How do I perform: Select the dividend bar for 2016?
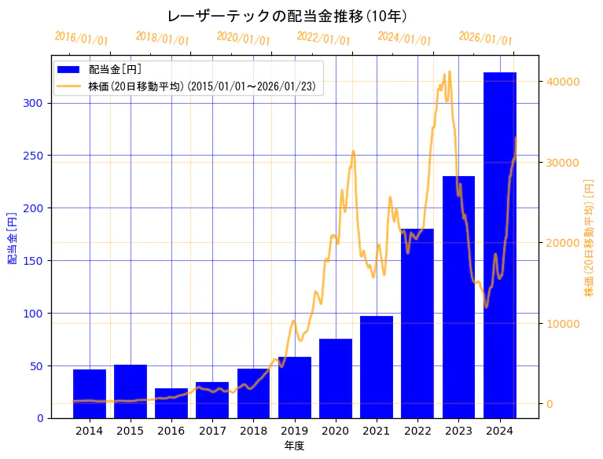point(171,403)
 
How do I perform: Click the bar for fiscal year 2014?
point(90,394)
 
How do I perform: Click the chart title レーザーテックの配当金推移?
point(287,16)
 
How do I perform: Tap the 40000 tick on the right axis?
point(563,82)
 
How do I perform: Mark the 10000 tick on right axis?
point(563,323)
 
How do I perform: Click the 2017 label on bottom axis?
point(212,431)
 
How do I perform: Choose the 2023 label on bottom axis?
point(458,431)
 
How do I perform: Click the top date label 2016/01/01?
point(82,38)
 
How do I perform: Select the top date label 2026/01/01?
point(485,39)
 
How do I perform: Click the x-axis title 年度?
point(294,446)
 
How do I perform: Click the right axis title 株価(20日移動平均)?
point(589,237)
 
